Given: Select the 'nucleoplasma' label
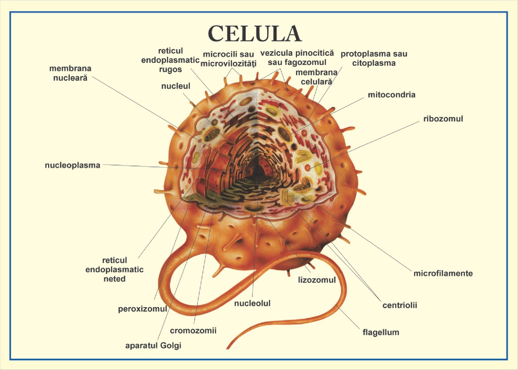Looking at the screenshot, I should tap(72, 165).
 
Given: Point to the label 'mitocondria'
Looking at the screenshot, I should tap(392, 95).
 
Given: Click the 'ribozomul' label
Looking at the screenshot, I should tap(443, 119).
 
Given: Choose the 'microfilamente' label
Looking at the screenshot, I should tap(443, 273).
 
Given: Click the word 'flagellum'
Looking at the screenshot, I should tap(381, 333).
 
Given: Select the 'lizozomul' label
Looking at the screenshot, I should tap(317, 280).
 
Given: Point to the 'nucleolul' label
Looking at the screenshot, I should tap(252, 304).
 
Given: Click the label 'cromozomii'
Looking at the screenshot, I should tap(193, 331).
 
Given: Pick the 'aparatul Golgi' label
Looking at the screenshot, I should tap(153, 346).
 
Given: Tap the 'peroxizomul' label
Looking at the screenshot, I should tap(142, 309).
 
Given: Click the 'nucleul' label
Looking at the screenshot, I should tap(176, 86).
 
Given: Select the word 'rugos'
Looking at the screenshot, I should tap(170, 69).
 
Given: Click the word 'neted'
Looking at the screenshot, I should tap(114, 279).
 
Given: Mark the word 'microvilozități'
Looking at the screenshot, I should tap(229, 63).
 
